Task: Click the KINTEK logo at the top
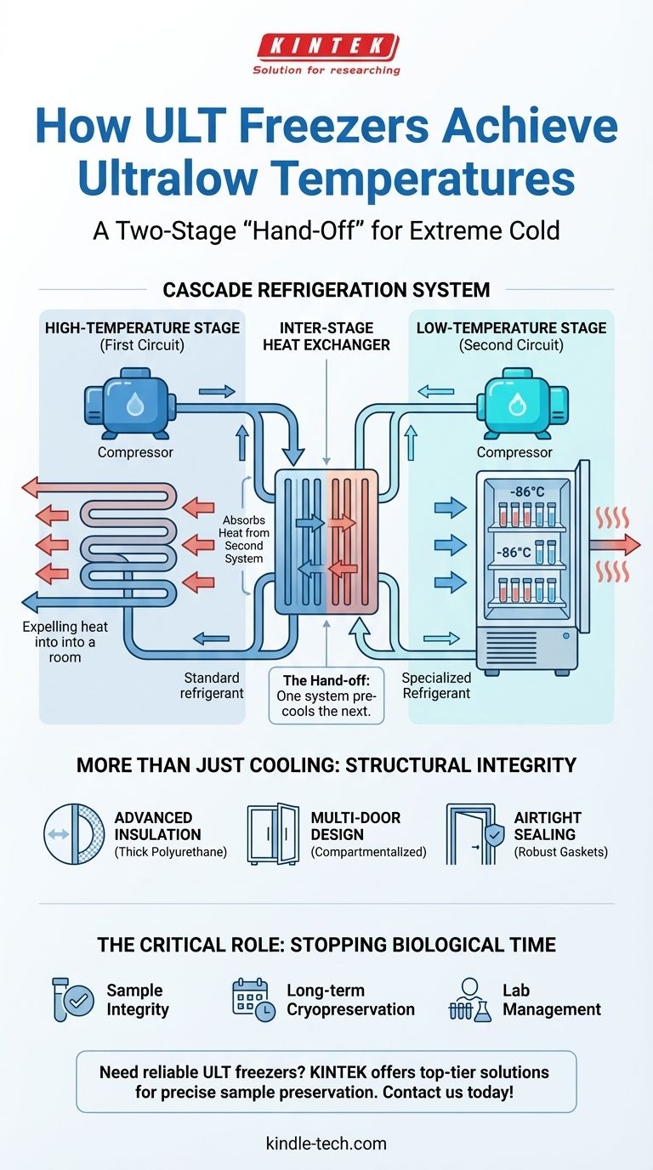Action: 326,46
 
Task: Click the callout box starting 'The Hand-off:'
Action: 326,695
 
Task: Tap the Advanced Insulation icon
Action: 73,834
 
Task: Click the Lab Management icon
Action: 469,1001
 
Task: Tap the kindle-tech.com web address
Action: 326,1144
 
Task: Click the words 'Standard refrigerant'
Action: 213,685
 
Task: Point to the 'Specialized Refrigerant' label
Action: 435,685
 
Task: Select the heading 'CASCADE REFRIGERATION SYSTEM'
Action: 326,290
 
